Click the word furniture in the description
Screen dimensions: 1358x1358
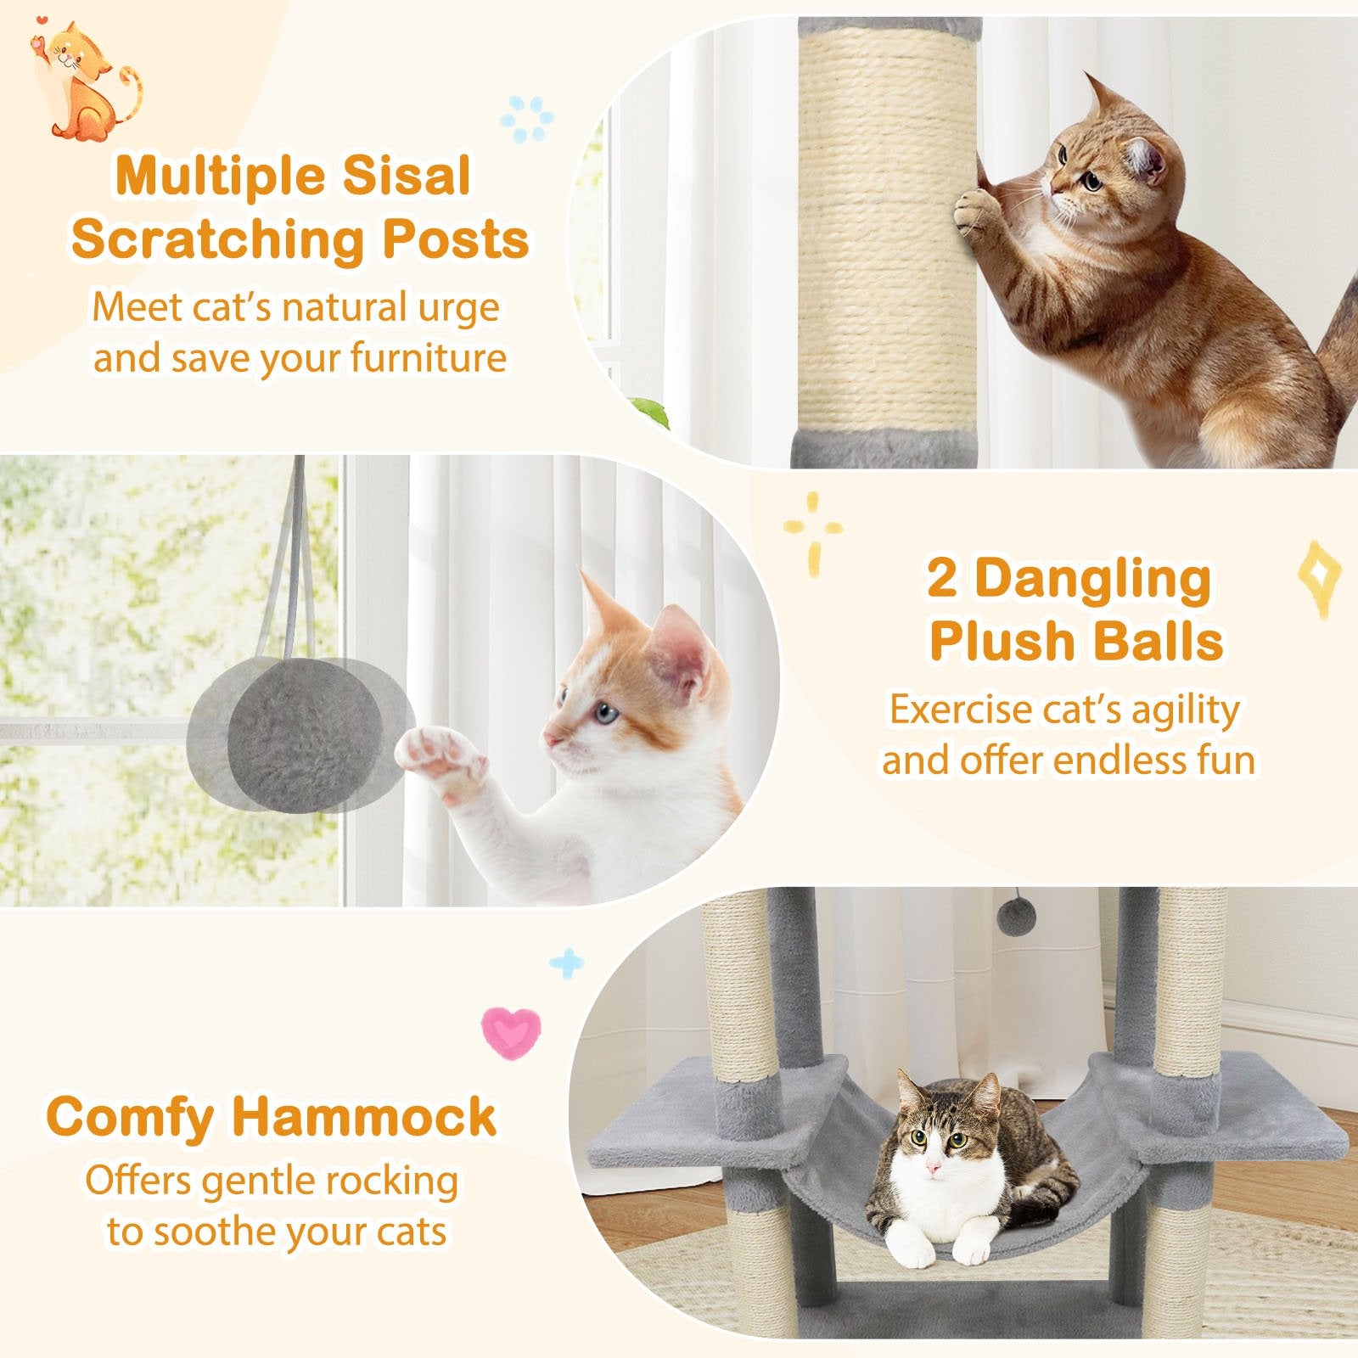coord(429,357)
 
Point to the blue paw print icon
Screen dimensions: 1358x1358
coord(527,117)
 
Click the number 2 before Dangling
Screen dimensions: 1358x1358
coord(943,579)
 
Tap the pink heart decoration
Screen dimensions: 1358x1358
coord(511,1030)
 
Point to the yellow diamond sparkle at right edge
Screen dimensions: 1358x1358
coord(1317,576)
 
